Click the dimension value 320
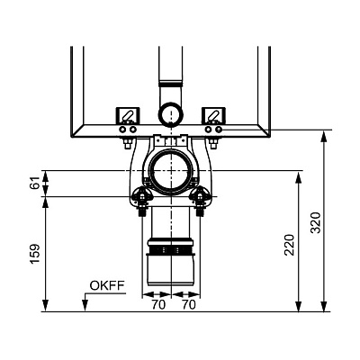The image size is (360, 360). [x=316, y=222]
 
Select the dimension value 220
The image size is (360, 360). [x=290, y=245]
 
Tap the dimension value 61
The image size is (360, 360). [x=36, y=183]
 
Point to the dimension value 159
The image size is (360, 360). [x=36, y=254]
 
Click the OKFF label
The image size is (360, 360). [x=107, y=286]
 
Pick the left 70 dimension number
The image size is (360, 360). [x=158, y=305]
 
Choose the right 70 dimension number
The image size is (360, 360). [x=189, y=305]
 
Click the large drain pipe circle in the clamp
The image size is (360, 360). [x=171, y=171]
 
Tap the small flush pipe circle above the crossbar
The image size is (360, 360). [x=170, y=113]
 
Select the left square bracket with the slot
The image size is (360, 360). [x=128, y=115]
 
